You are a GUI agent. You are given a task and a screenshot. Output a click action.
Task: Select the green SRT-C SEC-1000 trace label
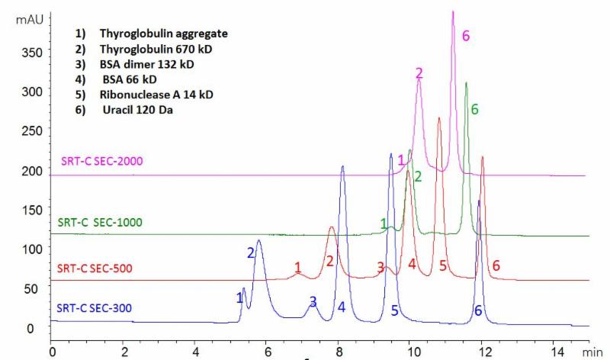tap(100, 223)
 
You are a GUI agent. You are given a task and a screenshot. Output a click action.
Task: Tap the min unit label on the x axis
tap(592, 352)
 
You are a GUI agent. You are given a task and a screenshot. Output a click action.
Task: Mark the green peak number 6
tap(474, 110)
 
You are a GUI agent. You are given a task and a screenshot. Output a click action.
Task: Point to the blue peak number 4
tap(342, 307)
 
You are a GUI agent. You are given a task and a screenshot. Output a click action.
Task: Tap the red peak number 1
tap(298, 267)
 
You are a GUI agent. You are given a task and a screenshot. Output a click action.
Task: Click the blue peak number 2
tap(249, 252)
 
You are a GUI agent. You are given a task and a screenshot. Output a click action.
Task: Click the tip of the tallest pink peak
tap(453, 11)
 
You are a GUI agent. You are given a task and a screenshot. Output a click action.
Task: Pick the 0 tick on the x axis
tap(52, 352)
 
